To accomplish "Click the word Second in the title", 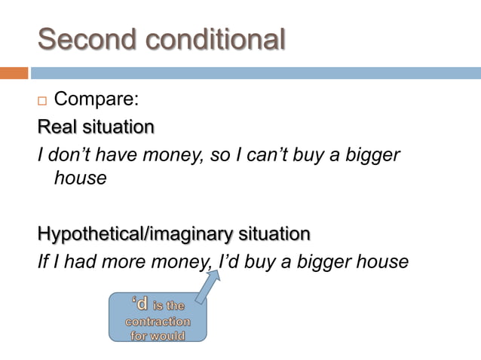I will (84, 38).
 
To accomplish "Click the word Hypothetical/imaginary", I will (121, 233).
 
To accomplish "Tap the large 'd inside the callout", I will (139, 305).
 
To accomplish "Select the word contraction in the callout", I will (158, 321).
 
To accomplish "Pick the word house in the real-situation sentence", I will (80, 179).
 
